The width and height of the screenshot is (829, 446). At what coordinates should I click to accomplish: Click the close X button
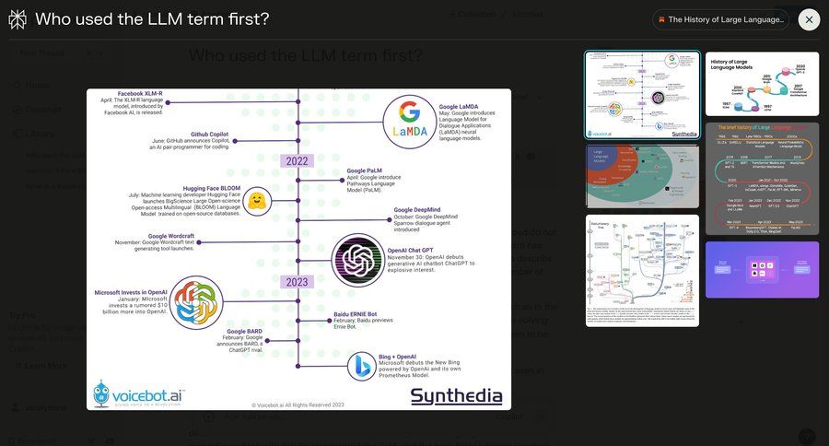809,19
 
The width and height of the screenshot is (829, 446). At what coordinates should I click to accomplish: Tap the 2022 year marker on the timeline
297,160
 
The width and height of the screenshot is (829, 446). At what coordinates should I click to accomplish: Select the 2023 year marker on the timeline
297,282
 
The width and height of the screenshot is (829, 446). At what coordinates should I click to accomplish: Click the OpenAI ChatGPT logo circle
358,259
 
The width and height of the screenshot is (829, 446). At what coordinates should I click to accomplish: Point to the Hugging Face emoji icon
258,201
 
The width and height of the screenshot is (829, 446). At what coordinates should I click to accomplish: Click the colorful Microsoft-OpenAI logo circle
196,301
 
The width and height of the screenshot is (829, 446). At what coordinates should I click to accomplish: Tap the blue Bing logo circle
360,367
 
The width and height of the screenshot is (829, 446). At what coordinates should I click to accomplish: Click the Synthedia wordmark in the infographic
457,396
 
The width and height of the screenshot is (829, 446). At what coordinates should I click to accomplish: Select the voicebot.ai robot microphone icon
101,394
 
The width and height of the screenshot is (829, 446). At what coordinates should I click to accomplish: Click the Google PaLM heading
364,171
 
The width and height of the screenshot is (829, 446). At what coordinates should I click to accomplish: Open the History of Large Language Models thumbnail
762,84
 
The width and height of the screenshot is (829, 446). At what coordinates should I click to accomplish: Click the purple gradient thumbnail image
762,270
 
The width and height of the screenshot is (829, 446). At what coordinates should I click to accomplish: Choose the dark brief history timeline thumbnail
762,179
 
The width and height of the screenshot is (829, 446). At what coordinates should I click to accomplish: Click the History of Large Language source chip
720,19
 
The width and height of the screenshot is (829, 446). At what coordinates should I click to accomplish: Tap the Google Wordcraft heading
169,236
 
